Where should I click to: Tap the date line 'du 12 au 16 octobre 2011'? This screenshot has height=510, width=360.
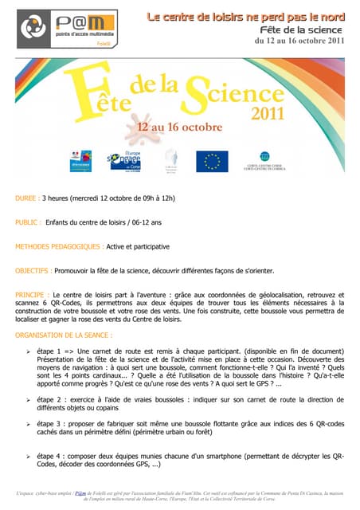(x=299, y=41)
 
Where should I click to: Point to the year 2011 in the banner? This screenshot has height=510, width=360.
(x=268, y=113)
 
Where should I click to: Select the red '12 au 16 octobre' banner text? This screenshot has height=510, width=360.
(x=179, y=127)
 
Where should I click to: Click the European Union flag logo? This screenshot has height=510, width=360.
(x=213, y=161)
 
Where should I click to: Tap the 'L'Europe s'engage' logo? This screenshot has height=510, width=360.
(x=124, y=160)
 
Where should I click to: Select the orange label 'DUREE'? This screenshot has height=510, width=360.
(x=29, y=198)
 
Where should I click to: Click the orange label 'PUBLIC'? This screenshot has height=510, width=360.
(x=29, y=222)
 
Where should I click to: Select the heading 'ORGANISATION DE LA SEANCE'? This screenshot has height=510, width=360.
(x=64, y=335)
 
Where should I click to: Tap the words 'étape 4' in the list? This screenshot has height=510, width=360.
(x=52, y=456)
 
